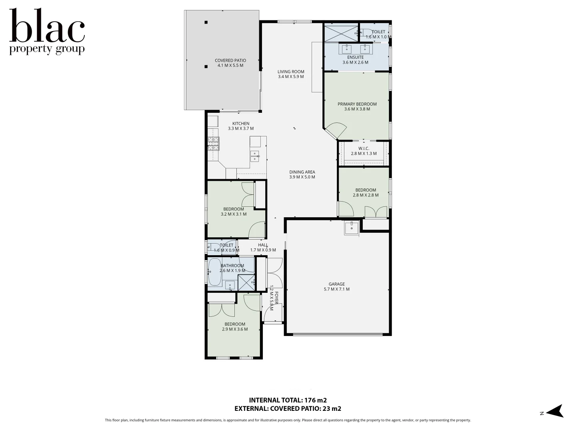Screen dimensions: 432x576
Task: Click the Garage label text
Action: click(x=336, y=284)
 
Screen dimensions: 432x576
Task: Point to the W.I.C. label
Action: click(x=364, y=148)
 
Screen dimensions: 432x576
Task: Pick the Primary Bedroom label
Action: click(x=357, y=104)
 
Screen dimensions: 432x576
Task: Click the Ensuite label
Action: click(x=355, y=57)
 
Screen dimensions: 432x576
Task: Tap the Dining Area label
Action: click(x=302, y=172)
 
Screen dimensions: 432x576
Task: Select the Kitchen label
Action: click(x=241, y=124)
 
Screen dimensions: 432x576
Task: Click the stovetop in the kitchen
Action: click(x=213, y=143)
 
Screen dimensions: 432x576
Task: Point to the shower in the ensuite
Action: click(x=341, y=33)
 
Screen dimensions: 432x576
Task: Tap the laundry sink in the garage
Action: click(x=352, y=228)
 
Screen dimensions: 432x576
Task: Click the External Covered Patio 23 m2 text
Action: click(x=288, y=409)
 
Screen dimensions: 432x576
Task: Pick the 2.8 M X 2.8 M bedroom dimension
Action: click(x=365, y=195)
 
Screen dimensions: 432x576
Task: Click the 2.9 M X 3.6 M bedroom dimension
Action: click(x=235, y=329)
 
